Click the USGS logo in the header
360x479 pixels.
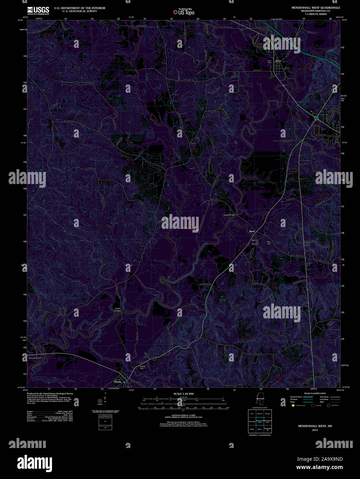pyautogui.click(x=38, y=10)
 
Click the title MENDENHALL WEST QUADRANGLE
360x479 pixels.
pyautogui.click(x=316, y=8)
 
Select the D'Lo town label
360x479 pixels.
pyautogui.click(x=278, y=61)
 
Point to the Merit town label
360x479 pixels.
pyautogui.click(x=252, y=232)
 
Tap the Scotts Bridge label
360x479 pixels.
pyautogui.click(x=229, y=215)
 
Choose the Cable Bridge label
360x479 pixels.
pyautogui.click(x=118, y=309)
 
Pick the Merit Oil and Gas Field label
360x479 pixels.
pyautogui.click(x=255, y=242)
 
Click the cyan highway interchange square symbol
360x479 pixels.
pyautogui.click(x=316, y=118)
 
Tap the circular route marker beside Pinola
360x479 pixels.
pyautogui.click(x=128, y=384)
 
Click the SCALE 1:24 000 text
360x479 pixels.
pyautogui.click(x=183, y=394)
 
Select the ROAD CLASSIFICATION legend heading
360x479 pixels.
pyautogui.click(x=315, y=393)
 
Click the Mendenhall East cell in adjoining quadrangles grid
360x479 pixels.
pyautogui.click(x=268, y=421)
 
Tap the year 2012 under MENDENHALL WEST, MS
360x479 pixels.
pyautogui.click(x=315, y=430)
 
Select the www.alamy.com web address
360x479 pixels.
pyautogui.click(x=319, y=467)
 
